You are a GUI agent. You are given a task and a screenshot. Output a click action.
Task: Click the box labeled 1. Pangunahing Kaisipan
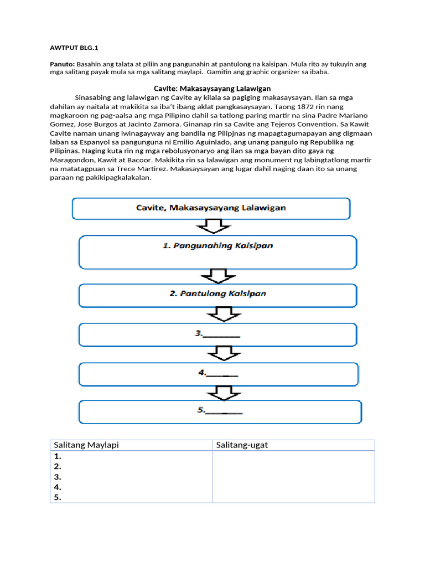point(218,252)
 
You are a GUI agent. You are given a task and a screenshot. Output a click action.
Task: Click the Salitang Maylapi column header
point(86,445)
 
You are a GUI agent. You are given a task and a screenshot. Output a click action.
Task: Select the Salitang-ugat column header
point(242,445)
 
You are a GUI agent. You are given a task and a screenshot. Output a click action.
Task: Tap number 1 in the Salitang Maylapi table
point(58,457)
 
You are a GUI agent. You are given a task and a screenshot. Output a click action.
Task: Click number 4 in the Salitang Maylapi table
point(58,487)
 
